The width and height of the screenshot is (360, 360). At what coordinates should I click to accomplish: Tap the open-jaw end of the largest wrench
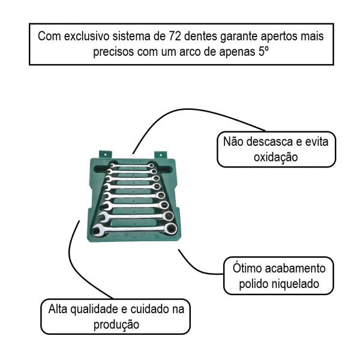point(98,229)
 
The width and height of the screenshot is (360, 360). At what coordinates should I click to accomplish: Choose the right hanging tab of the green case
point(160,155)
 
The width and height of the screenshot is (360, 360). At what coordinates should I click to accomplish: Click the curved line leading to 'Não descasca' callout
point(180,112)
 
